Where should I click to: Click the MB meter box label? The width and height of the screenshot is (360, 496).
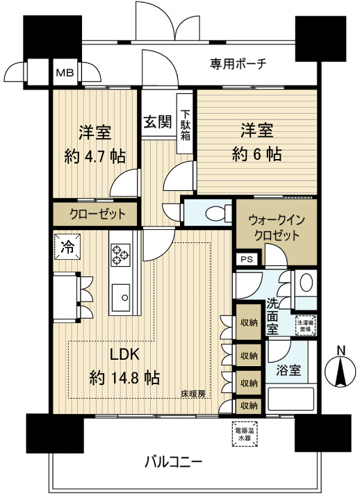tap(64, 72)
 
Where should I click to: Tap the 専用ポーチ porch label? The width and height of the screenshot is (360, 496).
tap(239, 65)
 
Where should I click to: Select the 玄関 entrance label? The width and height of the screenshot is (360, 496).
tap(157, 122)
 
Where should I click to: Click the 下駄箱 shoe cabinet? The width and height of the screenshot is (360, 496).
tap(186, 125)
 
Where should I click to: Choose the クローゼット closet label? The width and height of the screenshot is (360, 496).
tap(97, 214)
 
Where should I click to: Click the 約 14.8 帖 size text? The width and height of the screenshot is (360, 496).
tap(125, 378)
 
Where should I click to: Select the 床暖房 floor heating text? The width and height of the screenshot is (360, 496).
tap(193, 394)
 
